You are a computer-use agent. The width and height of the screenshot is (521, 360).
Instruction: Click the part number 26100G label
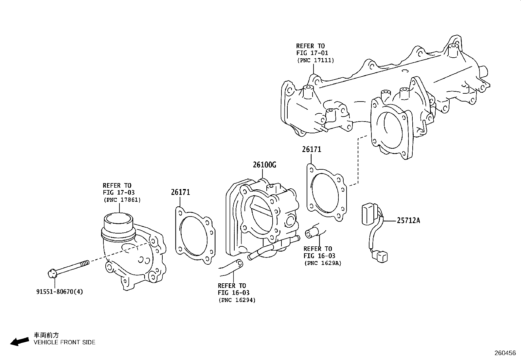coord(264,165)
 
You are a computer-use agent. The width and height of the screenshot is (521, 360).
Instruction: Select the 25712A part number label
coord(408,220)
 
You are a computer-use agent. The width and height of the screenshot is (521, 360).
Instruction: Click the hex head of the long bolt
coord(52,273)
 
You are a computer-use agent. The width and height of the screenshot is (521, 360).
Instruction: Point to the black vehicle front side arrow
coord(19,342)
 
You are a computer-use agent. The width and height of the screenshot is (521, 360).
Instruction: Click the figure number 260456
coord(505,353)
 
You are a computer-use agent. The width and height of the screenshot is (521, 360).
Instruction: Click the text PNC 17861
coord(122,200)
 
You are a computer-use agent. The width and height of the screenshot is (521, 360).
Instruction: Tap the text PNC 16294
coord(237,300)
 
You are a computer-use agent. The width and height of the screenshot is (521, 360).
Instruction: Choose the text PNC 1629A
coord(323,263)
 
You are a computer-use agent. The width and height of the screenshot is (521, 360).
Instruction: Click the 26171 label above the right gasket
coord(312,149)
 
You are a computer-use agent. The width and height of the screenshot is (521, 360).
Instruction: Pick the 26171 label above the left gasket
coord(180,192)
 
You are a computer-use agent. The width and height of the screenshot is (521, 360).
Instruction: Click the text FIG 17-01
coord(312,53)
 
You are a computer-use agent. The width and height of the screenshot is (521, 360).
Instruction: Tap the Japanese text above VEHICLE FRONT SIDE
coord(46,335)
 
